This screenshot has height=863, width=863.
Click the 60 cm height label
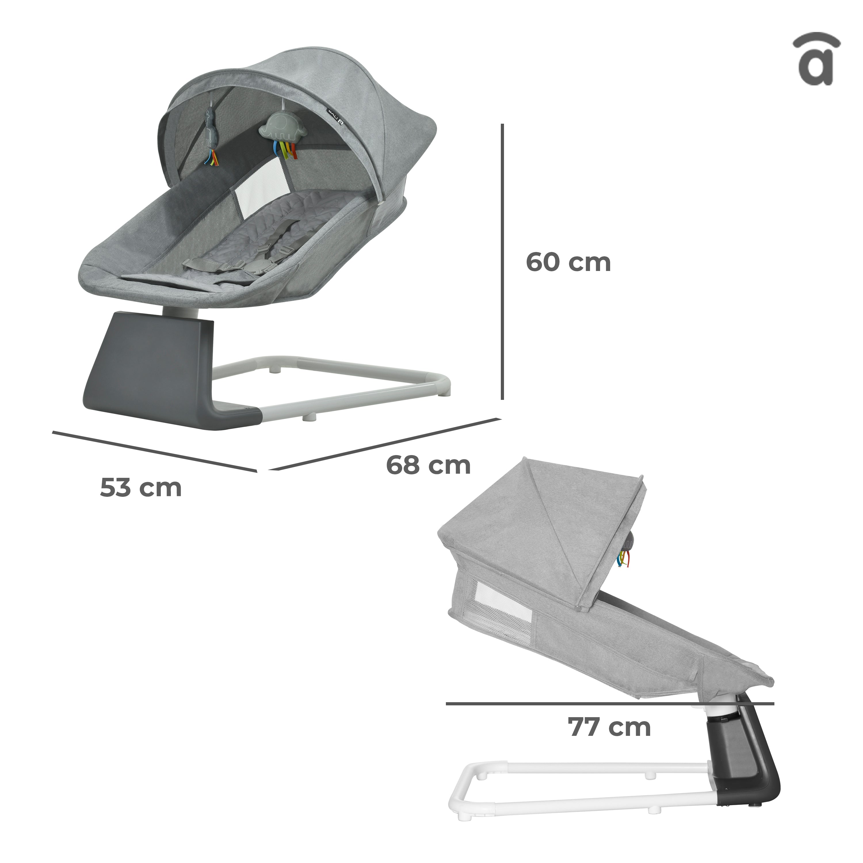pos(568,262)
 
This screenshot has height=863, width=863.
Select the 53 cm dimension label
pos(141,487)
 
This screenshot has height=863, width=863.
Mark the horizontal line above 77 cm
pos(610,704)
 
